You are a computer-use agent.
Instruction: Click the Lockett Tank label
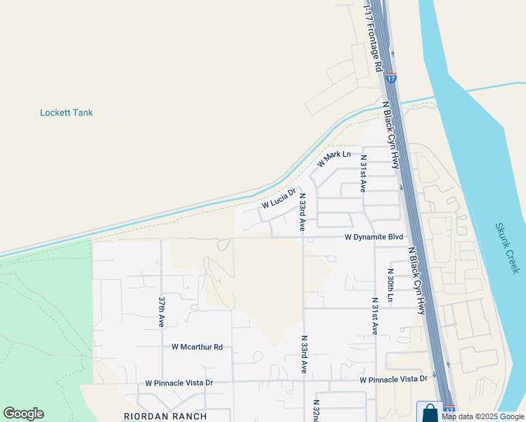coord(66,113)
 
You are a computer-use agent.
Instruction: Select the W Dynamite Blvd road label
coord(373,238)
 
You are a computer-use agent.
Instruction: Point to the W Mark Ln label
coord(333,159)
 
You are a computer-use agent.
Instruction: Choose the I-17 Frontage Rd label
coord(372,35)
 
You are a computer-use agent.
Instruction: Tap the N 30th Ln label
coord(390,285)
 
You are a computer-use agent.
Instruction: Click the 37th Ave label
coord(161,312)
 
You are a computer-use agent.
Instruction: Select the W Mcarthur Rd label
coord(197,347)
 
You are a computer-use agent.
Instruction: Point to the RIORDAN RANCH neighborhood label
coord(166,416)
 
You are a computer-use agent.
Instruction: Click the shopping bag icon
coord(430,412)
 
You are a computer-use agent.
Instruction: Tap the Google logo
coord(23,414)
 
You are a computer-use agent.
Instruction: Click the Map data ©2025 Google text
coord(483,416)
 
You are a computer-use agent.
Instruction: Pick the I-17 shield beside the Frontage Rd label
coord(392,78)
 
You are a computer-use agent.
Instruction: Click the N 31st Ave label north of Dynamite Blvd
coord(364,176)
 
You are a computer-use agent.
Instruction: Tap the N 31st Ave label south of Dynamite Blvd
coord(374,317)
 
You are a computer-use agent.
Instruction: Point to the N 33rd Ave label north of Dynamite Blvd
coord(302,212)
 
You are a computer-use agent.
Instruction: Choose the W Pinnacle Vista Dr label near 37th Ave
coord(179,383)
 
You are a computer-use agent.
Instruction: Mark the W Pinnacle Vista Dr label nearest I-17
coord(393,380)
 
